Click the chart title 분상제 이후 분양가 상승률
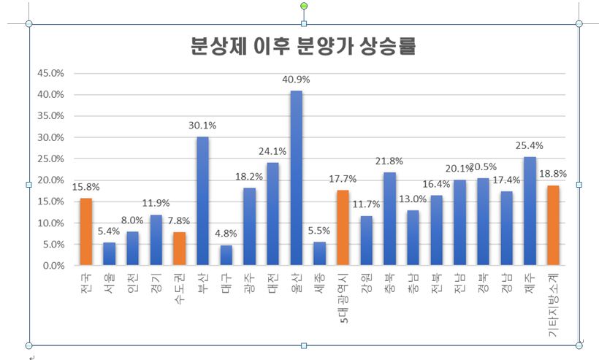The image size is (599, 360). pos(302,46)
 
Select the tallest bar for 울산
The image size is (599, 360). pos(296,179)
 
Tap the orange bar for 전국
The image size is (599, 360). pos(85,232)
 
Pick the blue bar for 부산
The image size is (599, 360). pos(202,202)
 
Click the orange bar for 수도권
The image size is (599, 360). pos(179,249)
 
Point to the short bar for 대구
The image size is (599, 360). pos(226,256)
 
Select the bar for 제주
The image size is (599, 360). pos(530,212)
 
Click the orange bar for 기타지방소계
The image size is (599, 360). pos(553,226)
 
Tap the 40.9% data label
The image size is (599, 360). pos(296,80)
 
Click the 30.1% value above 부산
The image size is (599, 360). pos(202,126)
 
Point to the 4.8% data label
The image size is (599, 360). pos(226,234)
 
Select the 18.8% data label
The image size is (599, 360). pos(553,174)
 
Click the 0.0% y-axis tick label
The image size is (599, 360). pos(53,266)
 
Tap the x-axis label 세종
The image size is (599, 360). pos(319,281)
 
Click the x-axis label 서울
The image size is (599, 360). pos(109,281)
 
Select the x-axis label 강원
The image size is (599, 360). pos(366,281)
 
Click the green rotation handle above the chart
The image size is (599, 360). pos(304,6)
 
